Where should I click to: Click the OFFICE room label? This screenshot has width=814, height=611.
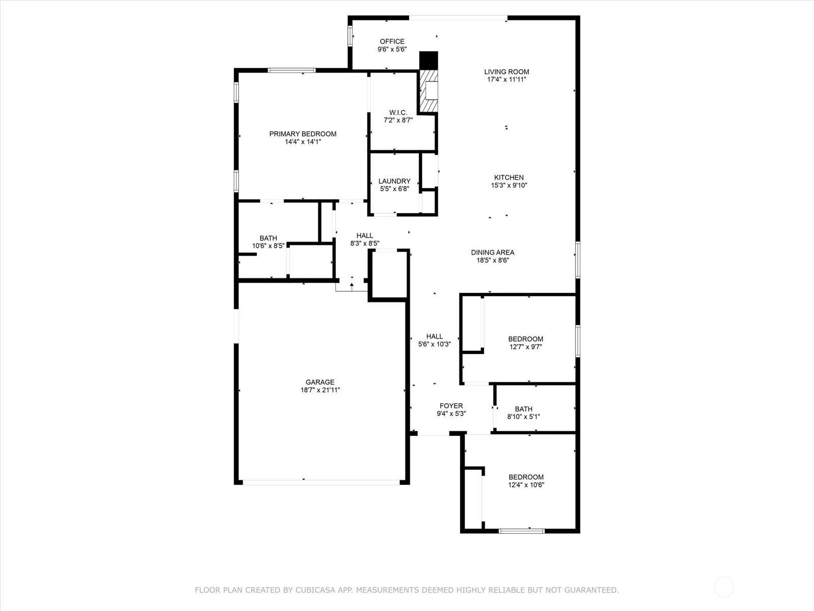coord(392,42)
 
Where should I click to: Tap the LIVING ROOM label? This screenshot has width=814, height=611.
coord(507,72)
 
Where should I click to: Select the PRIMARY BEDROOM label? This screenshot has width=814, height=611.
coord(303,134)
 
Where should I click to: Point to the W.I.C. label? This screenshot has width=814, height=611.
coord(398,113)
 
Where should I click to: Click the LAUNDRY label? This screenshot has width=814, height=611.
coord(394,181)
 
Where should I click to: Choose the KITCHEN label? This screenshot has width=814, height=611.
coord(509,177)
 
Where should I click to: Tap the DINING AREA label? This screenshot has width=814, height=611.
coord(492,252)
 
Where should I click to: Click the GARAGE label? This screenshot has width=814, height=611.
coord(319,382)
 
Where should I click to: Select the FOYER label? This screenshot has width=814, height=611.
coord(451,406)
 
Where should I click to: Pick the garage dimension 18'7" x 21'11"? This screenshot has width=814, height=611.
coord(320,390)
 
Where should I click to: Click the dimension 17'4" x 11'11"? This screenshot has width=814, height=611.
coord(507,79)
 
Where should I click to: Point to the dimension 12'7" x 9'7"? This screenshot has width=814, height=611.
coord(526,347)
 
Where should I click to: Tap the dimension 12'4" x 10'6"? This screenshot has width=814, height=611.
coord(526,485)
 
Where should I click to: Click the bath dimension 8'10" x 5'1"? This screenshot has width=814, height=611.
coord(524,416)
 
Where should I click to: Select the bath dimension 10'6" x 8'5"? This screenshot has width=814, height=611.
coord(268,245)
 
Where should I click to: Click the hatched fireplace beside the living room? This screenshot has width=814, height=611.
coord(428,91)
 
